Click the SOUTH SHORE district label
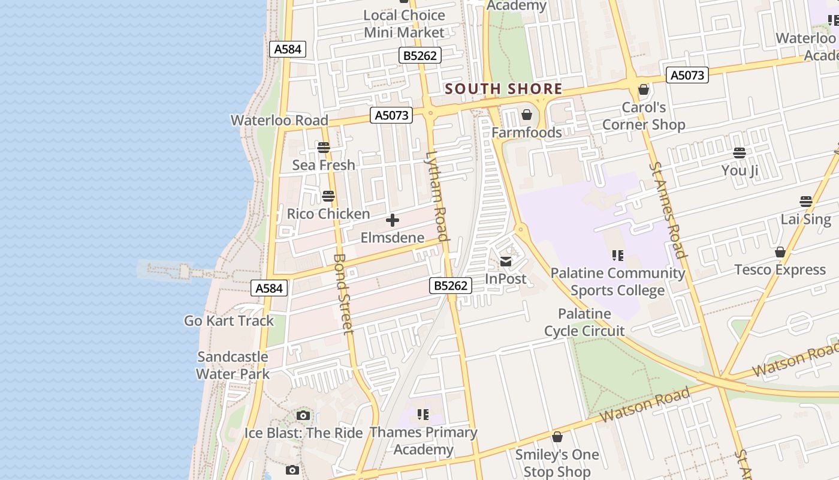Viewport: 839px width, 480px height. (x=503, y=89)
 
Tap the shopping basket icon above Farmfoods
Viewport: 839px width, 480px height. (x=527, y=115)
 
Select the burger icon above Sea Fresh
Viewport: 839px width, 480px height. (x=324, y=147)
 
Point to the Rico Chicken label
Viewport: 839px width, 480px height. (x=328, y=214)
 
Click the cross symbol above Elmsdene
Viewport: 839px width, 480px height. (x=393, y=221)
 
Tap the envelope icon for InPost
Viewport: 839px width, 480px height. (x=506, y=262)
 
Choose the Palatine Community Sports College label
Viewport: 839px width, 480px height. (x=618, y=281)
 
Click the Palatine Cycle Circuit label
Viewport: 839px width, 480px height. (x=584, y=322)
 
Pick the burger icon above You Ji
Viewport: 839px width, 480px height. (x=740, y=153)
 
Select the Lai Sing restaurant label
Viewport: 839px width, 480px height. (x=806, y=219)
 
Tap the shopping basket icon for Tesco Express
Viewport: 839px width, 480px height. (x=780, y=252)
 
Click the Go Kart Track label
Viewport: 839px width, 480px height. (x=229, y=320)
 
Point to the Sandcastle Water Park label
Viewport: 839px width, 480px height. (x=233, y=365)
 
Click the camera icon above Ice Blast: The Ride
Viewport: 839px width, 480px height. (x=303, y=415)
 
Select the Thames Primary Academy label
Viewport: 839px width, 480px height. (x=423, y=440)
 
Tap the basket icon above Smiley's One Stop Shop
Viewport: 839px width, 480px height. (x=557, y=437)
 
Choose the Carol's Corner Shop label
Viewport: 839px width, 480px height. (x=644, y=116)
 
